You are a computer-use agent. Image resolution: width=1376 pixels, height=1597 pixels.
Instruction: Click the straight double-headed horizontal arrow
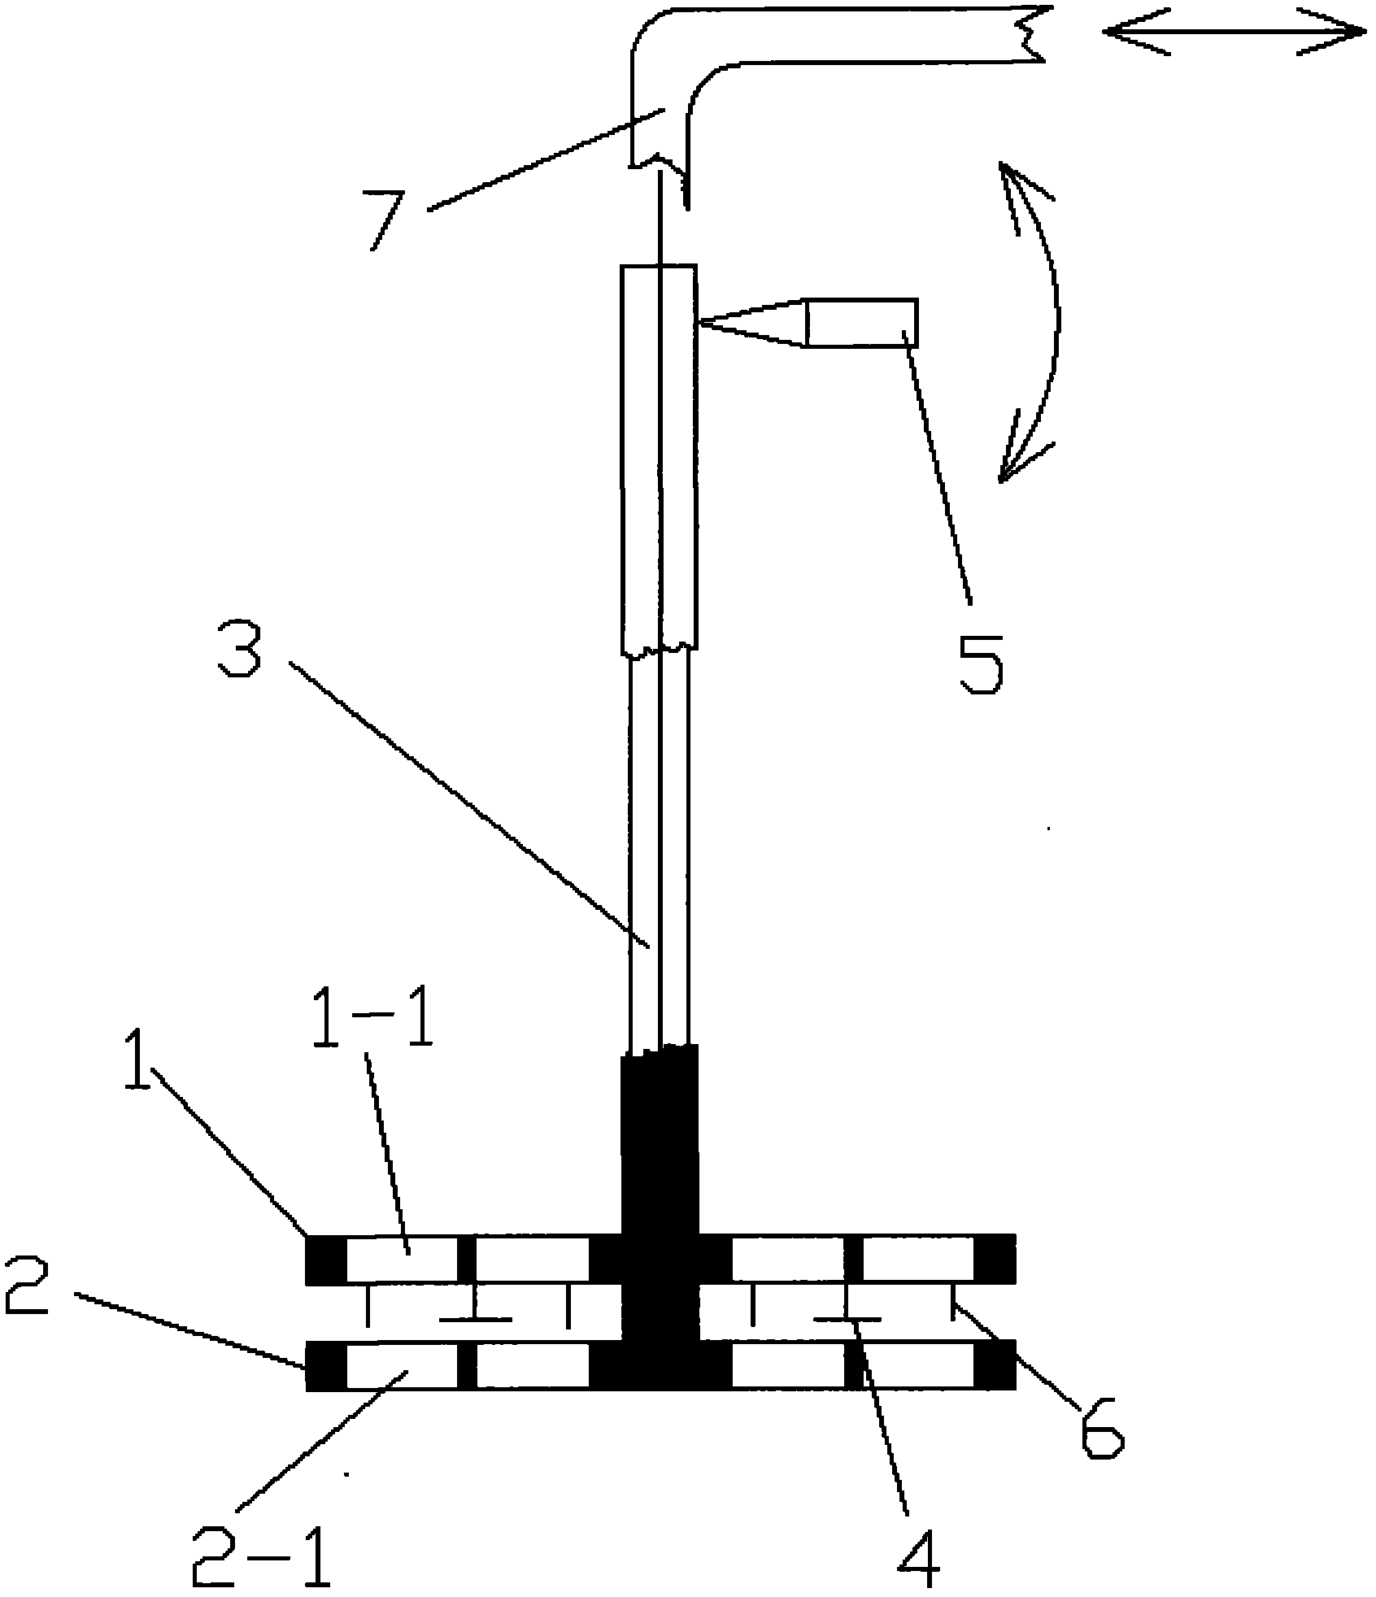pos(1234,33)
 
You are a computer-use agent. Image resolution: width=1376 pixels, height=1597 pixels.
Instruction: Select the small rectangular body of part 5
pos(862,323)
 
